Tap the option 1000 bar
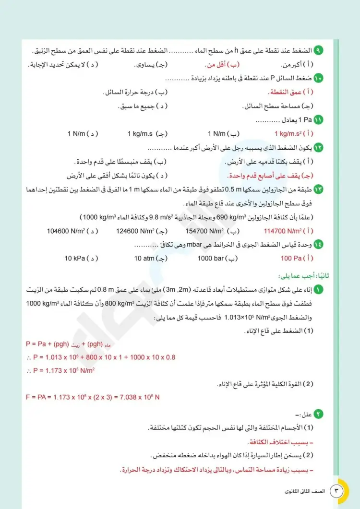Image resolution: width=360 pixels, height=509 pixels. [x=218, y=259]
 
